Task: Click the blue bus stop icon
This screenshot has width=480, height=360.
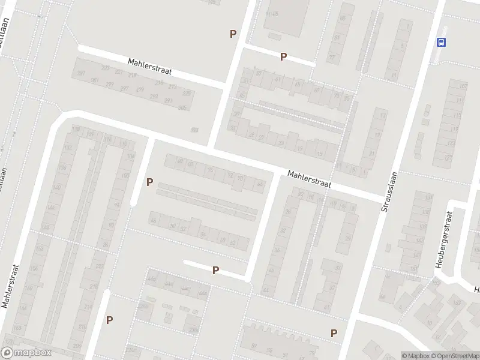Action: tap(442, 42)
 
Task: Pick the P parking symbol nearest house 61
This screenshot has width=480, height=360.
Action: tap(283, 57)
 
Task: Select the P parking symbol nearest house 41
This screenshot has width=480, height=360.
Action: tap(334, 333)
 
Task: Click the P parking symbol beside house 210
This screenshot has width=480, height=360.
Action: tap(109, 320)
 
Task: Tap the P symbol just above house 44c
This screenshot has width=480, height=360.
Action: tap(215, 271)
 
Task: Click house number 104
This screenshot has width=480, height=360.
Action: tap(131, 156)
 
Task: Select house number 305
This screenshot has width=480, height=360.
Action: tap(182, 108)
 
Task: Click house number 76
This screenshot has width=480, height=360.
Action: tap(210, 170)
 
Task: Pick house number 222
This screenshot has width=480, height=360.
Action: tap(100, 266)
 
